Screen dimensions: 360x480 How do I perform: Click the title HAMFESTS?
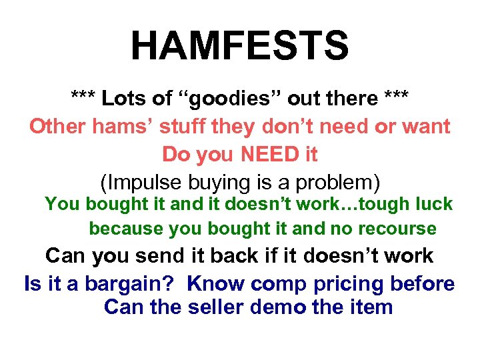pos(239,46)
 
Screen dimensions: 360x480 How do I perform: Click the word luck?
pos(433,204)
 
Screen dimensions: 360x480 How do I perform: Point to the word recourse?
pos(397,229)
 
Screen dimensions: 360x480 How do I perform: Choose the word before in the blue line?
pos(422,284)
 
